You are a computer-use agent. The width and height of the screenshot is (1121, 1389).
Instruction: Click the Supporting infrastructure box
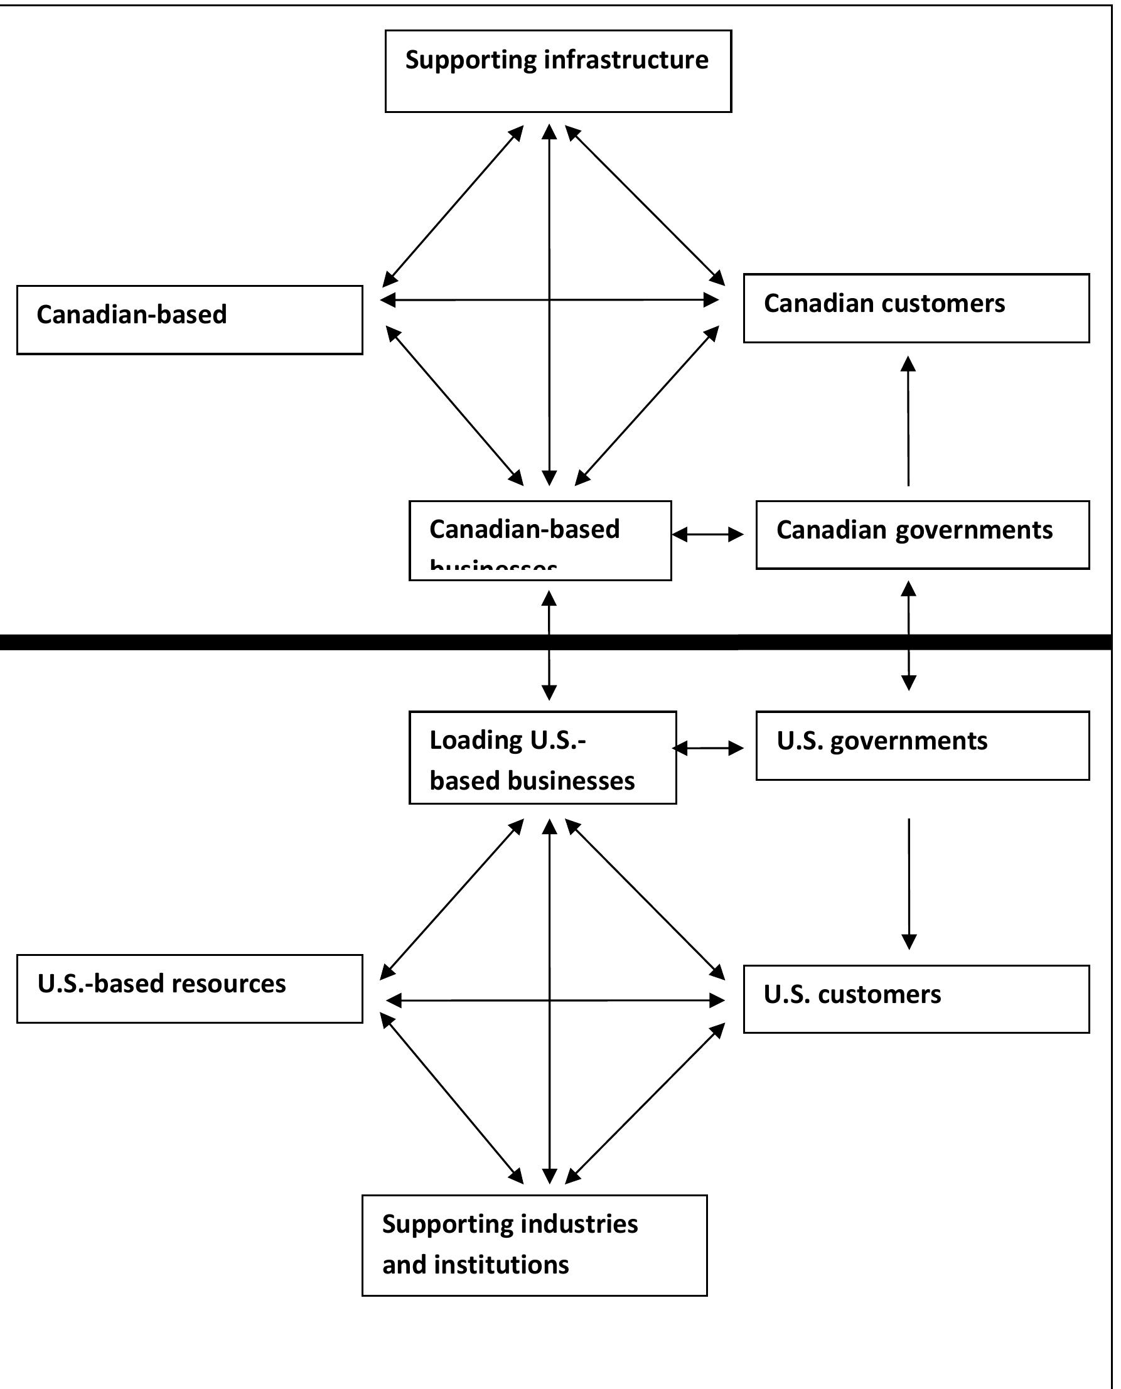pos(558,71)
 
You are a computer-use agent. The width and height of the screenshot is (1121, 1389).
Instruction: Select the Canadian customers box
pos(916,308)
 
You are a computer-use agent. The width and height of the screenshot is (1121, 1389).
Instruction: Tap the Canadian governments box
pos(922,535)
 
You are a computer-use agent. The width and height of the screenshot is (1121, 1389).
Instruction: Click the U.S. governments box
pos(922,746)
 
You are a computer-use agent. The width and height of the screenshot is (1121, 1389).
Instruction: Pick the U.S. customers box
pos(916,999)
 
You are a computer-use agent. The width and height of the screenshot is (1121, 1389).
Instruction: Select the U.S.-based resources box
pos(189,989)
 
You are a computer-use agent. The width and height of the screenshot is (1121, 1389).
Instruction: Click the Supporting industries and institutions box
pos(534,1245)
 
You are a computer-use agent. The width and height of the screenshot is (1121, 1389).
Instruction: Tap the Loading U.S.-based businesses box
pos(542,758)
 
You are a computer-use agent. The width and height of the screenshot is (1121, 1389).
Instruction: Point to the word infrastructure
pos(626,60)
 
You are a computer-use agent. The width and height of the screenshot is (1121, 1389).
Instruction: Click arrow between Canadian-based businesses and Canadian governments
pos(708,534)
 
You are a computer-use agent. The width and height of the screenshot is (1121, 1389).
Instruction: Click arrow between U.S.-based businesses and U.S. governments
pos(708,748)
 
